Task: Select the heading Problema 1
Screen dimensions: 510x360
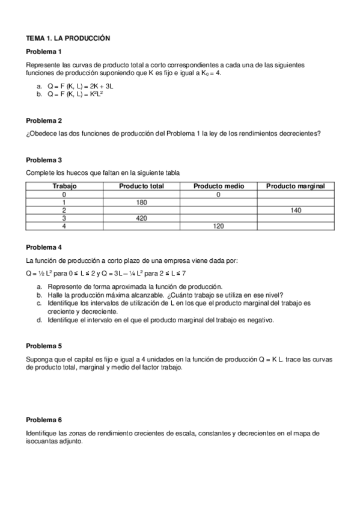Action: click(x=44, y=51)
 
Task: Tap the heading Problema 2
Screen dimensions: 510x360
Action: click(x=44, y=120)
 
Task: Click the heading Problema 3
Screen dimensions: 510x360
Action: click(x=44, y=160)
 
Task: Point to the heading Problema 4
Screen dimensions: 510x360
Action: click(x=44, y=247)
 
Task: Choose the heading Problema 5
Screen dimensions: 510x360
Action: click(x=44, y=346)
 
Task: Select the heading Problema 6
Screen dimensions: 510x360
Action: click(x=44, y=419)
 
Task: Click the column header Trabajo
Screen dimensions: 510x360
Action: click(x=64, y=186)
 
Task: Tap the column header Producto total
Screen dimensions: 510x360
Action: click(x=141, y=186)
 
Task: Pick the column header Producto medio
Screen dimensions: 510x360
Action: click(x=218, y=186)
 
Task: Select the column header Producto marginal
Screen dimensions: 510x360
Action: click(x=295, y=186)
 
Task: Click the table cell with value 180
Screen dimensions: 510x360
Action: click(x=142, y=203)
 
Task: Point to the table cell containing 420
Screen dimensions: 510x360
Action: click(x=142, y=218)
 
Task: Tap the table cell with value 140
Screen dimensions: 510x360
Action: click(x=296, y=210)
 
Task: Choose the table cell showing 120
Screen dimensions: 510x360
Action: click(x=218, y=226)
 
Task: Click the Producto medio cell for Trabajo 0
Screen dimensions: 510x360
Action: click(x=218, y=195)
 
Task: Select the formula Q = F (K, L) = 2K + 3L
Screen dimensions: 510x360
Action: click(x=80, y=87)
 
